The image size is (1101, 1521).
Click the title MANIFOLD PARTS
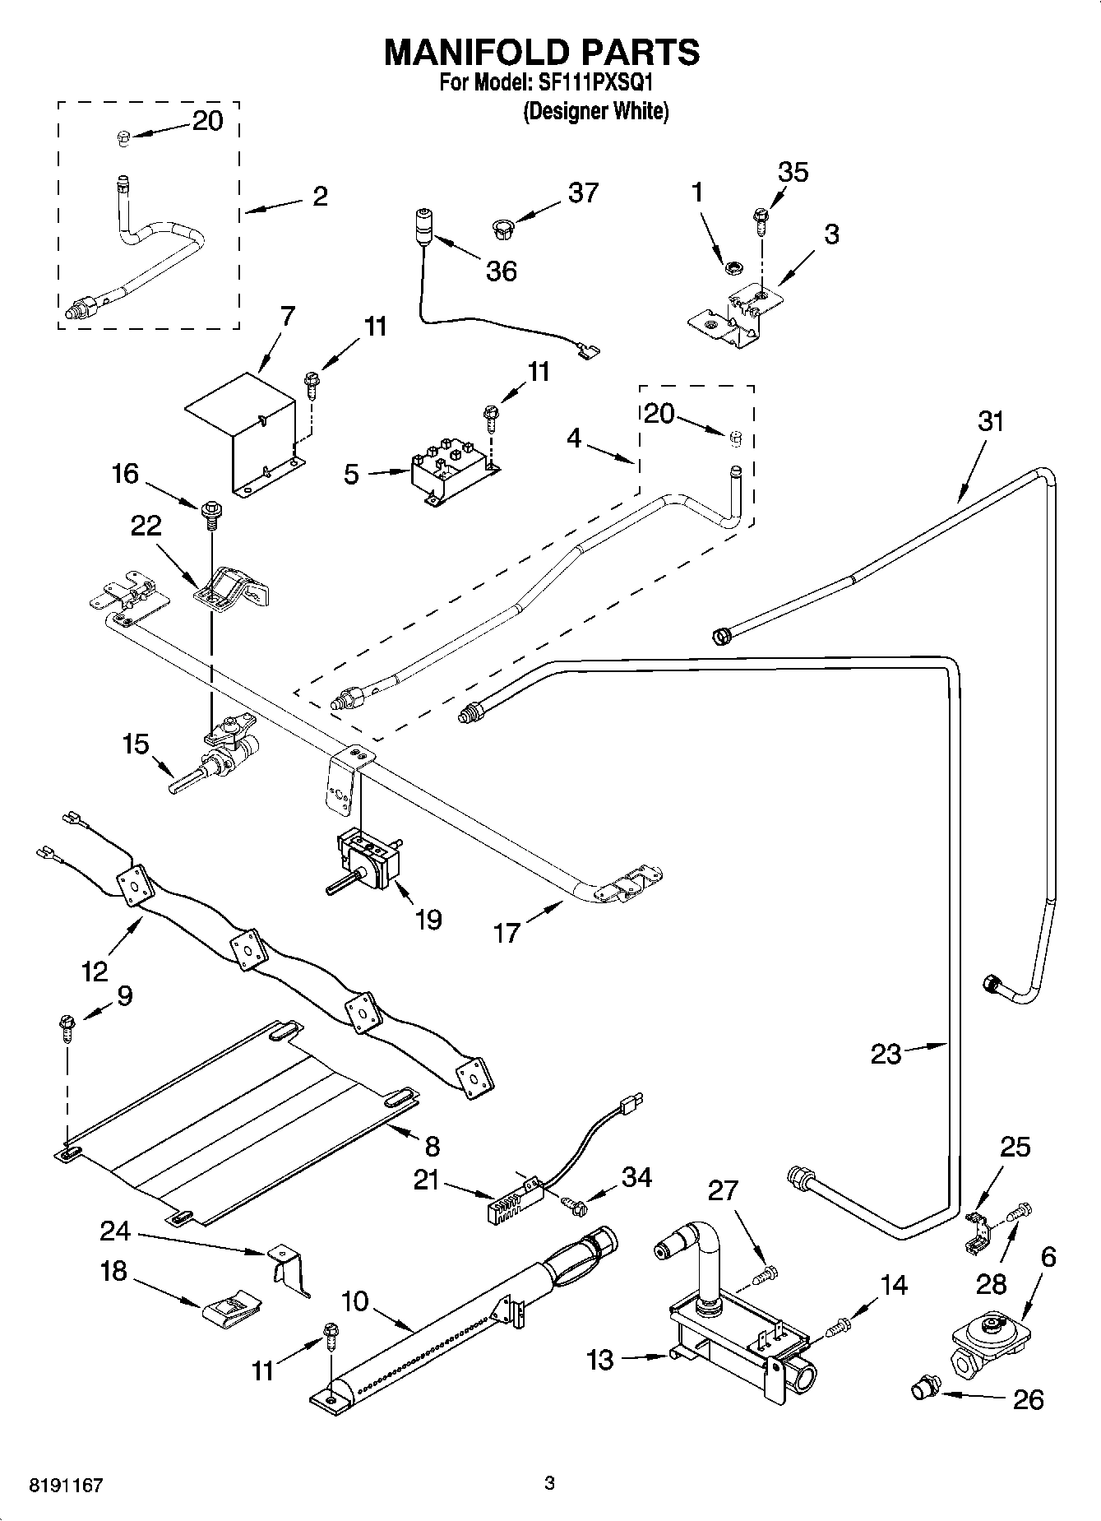542,52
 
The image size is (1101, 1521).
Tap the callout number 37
583,193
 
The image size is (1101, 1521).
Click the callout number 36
501,271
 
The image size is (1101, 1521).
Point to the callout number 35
793,172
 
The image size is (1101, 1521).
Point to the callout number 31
991,421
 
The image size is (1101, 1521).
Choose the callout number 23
886,1054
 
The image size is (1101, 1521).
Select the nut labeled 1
729,267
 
